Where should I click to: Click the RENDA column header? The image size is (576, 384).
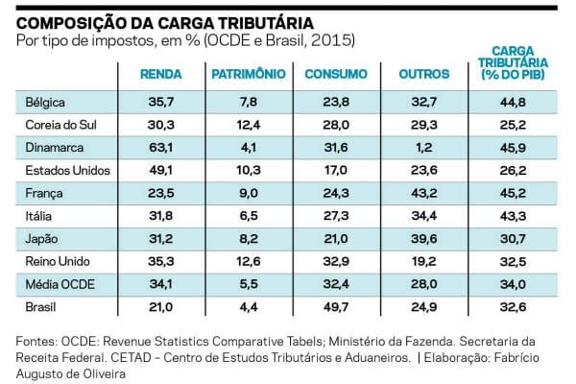coord(161,74)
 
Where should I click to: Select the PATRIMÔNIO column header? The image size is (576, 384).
coord(249,74)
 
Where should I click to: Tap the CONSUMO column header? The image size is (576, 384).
coord(336,74)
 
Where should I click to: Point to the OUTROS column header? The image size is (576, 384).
coord(424,74)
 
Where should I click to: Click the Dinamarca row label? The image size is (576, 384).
coord(55,148)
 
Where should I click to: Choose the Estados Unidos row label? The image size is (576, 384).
coord(67,171)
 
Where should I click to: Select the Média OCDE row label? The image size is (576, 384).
coord(60,284)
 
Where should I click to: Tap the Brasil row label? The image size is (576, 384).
coord(40,307)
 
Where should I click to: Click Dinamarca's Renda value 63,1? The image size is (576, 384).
coord(161,148)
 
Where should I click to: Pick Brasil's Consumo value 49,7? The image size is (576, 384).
coord(336,307)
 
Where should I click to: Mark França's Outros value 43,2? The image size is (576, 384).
coord(424,193)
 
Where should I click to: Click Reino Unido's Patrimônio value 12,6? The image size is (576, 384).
coord(249,262)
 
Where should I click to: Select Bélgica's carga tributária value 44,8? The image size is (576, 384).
coord(513,102)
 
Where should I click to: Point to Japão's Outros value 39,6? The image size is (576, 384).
coord(424,239)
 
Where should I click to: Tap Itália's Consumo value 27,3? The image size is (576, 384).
coord(336,216)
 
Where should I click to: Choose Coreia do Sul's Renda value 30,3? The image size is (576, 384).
coord(161,125)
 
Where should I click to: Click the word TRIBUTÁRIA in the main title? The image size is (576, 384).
coord(266,23)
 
